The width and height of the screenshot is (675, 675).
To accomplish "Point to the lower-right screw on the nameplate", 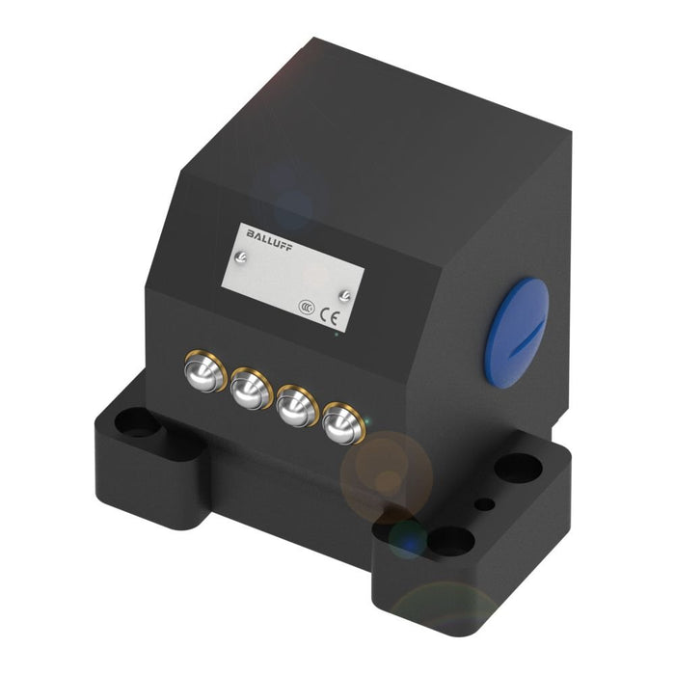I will (x=345, y=294).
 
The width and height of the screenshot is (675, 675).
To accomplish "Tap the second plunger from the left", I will (x=250, y=388).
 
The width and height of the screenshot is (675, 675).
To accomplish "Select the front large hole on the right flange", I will (x=450, y=541).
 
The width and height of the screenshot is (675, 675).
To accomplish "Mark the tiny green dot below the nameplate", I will (x=335, y=335).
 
